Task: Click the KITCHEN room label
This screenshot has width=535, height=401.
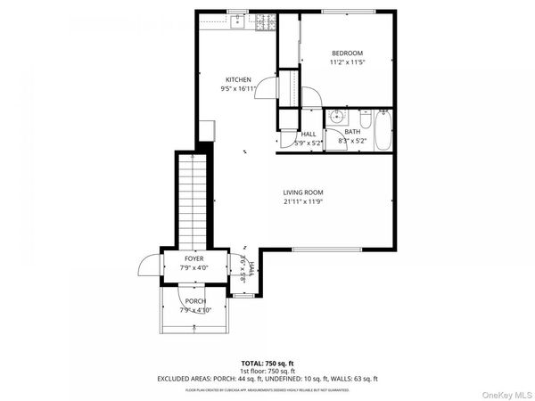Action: [237, 79]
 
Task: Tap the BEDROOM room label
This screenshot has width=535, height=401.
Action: [348, 53]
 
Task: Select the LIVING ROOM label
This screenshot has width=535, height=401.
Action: [303, 192]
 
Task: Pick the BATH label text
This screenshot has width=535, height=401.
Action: [353, 132]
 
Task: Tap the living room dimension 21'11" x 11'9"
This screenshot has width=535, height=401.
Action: [303, 202]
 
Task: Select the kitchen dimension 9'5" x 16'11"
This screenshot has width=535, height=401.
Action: [237, 89]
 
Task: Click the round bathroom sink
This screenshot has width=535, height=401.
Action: [337, 117]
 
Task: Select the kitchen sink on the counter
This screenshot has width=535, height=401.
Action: [236, 21]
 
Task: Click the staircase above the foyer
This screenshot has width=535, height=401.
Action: [193, 200]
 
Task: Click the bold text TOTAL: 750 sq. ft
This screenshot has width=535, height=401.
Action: [267, 364]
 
